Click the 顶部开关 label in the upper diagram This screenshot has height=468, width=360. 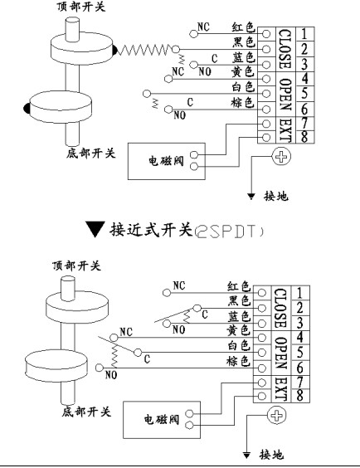click(81, 7)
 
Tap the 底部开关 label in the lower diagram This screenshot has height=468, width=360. click(86, 412)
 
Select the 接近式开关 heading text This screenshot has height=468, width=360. click(151, 230)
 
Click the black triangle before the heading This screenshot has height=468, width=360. click(95, 229)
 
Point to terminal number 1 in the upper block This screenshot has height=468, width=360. click(304, 34)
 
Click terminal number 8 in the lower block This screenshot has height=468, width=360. click(299, 395)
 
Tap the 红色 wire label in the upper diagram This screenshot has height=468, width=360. click(244, 27)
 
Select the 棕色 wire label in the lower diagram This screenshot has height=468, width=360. click(238, 361)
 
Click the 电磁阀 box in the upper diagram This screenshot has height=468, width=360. click(167, 161)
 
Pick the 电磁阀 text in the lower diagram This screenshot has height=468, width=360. click(162, 420)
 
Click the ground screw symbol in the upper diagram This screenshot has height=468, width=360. click(281, 156)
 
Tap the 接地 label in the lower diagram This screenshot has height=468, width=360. click(271, 455)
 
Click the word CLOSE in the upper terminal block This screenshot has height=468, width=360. click(285, 49)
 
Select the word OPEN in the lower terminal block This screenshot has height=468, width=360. click(281, 353)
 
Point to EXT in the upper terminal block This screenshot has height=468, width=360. click(285, 130)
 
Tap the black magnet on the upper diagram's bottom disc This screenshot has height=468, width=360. click(27, 109)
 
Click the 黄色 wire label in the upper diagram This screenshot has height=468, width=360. click(242, 71)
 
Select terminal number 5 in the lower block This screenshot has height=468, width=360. click(299, 353)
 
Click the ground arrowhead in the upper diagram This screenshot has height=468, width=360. click(251, 196)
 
